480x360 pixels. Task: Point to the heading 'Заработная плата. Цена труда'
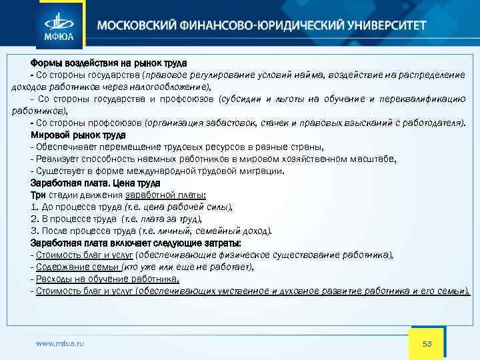pos(95,183)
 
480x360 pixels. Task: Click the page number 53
pos(428,344)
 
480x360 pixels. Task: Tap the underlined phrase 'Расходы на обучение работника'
pos(107,279)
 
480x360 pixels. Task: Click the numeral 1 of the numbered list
pos(33,207)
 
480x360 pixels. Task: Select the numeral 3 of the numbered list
pos(33,231)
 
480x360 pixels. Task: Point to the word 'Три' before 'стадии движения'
pos(37,195)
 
